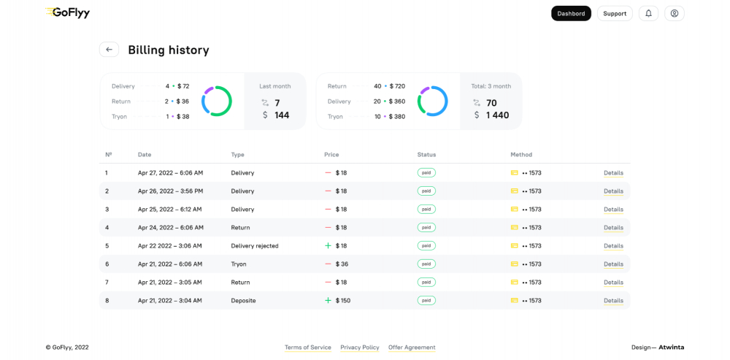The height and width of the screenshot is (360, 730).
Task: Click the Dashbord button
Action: coord(571,13)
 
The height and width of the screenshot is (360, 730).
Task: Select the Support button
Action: coord(615,13)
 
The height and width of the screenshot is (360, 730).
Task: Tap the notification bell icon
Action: coord(648,13)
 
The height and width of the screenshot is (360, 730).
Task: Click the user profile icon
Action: coord(675,13)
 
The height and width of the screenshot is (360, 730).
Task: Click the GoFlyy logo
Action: coord(67,12)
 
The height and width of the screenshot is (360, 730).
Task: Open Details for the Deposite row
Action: coord(613,301)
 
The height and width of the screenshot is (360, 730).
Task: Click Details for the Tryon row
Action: coord(613,264)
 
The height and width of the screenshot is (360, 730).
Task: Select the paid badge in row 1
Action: coord(426,173)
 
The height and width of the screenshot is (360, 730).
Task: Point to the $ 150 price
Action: coord(342,301)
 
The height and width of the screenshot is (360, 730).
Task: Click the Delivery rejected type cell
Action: coord(255,246)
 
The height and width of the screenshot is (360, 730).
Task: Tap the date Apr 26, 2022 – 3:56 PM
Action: coord(170,191)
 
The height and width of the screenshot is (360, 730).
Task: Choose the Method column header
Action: coord(521,155)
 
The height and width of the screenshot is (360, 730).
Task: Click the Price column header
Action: coord(331,155)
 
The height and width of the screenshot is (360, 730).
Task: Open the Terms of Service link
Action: coord(308,348)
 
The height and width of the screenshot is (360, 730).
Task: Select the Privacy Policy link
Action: coord(360,348)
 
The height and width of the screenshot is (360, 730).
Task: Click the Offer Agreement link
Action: coord(412,348)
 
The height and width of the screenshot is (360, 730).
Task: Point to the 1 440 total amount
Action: coord(497,115)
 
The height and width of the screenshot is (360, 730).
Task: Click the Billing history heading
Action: coord(169,50)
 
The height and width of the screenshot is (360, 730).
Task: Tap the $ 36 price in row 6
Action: coord(341,264)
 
